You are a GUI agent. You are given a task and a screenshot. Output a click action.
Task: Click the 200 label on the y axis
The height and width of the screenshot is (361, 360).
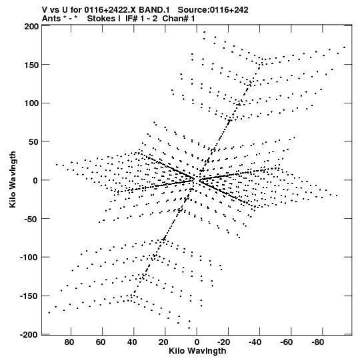pos(31,27)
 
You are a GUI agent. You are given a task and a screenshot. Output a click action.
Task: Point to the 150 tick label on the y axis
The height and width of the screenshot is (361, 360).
pos(31,65)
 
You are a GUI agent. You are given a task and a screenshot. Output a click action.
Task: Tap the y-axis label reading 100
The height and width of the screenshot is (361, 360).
pos(31,103)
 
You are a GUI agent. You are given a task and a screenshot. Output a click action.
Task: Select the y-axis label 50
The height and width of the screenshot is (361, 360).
pos(33,142)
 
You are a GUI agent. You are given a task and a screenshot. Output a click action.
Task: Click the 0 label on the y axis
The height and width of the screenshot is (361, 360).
pos(35,180)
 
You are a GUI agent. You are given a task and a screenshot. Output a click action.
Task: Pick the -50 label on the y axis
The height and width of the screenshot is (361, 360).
pos(31,219)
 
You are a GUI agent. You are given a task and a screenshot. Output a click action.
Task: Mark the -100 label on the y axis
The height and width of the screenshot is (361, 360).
pos(29,258)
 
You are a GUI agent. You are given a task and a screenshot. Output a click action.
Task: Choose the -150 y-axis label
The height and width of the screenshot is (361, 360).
pos(29,296)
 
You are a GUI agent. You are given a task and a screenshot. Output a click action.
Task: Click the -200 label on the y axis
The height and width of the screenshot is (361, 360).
pos(29,334)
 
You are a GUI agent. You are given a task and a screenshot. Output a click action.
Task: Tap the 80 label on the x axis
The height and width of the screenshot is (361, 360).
pos(69,342)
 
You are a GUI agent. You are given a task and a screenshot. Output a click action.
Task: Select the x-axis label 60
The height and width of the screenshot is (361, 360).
pos(101,342)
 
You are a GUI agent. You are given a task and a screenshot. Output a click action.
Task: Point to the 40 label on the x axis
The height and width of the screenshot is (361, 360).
pos(132,342)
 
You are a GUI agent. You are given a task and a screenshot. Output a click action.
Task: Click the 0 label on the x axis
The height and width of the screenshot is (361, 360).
pos(197,342)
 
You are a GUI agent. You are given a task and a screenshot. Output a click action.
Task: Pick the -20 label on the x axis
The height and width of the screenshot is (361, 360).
pos(223,342)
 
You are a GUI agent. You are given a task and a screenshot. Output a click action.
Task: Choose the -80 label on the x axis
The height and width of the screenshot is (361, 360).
pos(318,342)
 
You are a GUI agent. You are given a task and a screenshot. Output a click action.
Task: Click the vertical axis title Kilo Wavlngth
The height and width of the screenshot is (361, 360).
pos(13,179)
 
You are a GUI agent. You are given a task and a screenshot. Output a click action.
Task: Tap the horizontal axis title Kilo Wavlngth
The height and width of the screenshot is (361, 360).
pos(197,351)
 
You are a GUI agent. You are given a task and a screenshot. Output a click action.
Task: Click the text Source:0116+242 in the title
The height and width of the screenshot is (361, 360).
pos(213,10)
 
